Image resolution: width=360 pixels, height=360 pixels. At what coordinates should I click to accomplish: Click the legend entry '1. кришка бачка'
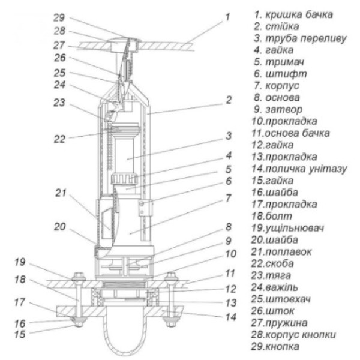coord(294,14)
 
